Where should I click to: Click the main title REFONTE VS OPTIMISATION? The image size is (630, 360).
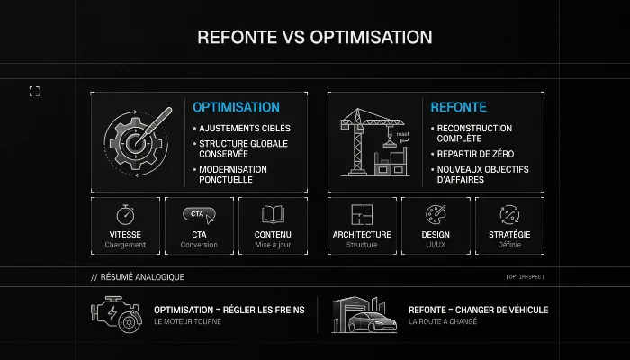[315, 38]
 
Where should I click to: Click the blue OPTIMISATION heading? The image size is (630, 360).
[236, 107]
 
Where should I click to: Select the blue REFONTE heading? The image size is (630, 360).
[458, 107]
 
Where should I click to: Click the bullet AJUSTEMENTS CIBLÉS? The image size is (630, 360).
[244, 128]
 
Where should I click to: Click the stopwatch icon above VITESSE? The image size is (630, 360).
[125, 215]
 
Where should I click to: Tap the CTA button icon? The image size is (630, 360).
[199, 214]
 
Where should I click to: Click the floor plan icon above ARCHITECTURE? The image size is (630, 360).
[362, 214]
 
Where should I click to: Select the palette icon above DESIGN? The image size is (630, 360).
[436, 214]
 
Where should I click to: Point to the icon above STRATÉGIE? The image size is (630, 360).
[509, 214]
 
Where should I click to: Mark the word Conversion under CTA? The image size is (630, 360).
[199, 245]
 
